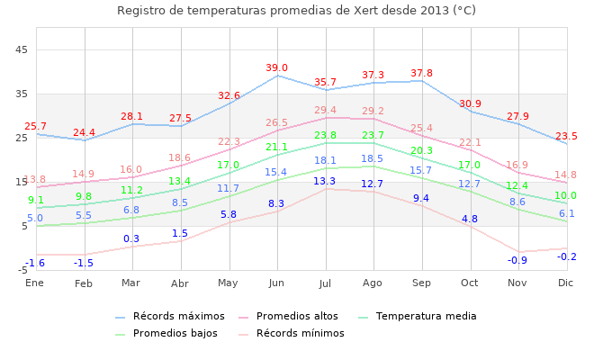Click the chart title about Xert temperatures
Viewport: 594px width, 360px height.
coord(296,11)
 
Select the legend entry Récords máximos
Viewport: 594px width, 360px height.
coord(178,317)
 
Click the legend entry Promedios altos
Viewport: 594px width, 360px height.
coord(297,317)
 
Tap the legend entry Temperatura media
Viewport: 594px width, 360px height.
coord(426,317)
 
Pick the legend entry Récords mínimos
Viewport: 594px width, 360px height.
coord(300,334)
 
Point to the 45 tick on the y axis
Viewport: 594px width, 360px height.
coord(23,49)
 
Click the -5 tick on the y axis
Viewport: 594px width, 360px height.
coord(22,270)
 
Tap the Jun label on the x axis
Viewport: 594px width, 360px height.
coord(276,283)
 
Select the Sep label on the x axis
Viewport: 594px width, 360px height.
coord(421,283)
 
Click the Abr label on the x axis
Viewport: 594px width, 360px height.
coord(180,283)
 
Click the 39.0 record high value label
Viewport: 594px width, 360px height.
coord(276,68)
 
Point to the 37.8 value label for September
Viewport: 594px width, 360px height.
coord(421,74)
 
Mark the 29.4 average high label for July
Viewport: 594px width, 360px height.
coord(325,111)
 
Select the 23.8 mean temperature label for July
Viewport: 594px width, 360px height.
coord(325,136)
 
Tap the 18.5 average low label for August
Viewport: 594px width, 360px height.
coord(372,159)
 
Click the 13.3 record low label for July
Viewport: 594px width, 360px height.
coord(325,182)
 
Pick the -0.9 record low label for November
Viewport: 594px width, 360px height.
coord(517,261)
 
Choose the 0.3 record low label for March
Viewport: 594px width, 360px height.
coord(131,239)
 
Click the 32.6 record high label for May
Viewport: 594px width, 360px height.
coord(229,96)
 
